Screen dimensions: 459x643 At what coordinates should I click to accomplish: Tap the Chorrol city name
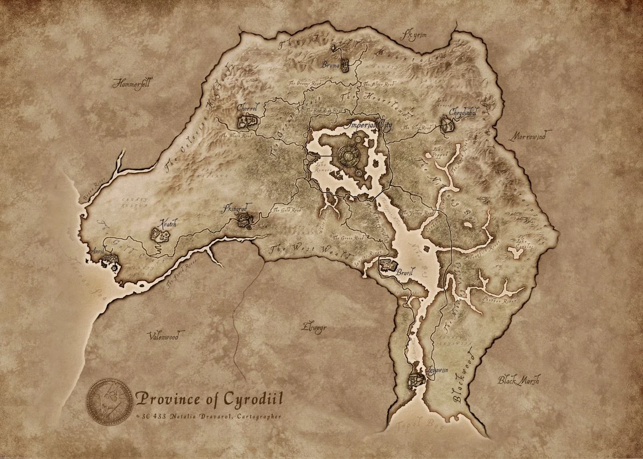coord(247,108)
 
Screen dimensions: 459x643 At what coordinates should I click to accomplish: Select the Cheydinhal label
coord(463,112)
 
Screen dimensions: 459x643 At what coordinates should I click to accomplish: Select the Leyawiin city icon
coord(416,380)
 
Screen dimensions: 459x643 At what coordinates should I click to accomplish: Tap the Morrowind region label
coord(528,137)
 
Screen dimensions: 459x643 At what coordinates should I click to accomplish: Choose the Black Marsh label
coord(518,380)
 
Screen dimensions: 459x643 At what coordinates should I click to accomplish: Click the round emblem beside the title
coord(109,402)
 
